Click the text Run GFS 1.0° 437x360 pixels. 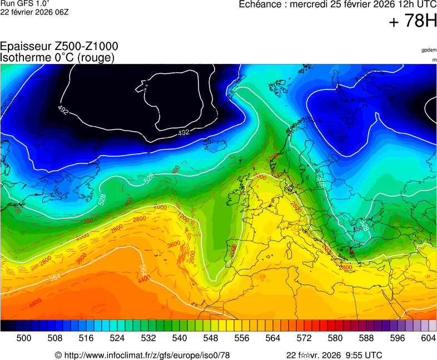coord(17,3)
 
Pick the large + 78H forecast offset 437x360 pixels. coord(413,22)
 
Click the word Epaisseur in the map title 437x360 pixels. coord(26,47)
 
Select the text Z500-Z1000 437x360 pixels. coord(86,47)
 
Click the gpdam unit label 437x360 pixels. coord(429,50)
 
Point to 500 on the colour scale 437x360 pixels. coord(24,338)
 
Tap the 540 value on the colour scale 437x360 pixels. coord(180,338)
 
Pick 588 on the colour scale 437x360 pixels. coord(366,338)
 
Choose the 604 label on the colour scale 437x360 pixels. coord(428,338)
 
